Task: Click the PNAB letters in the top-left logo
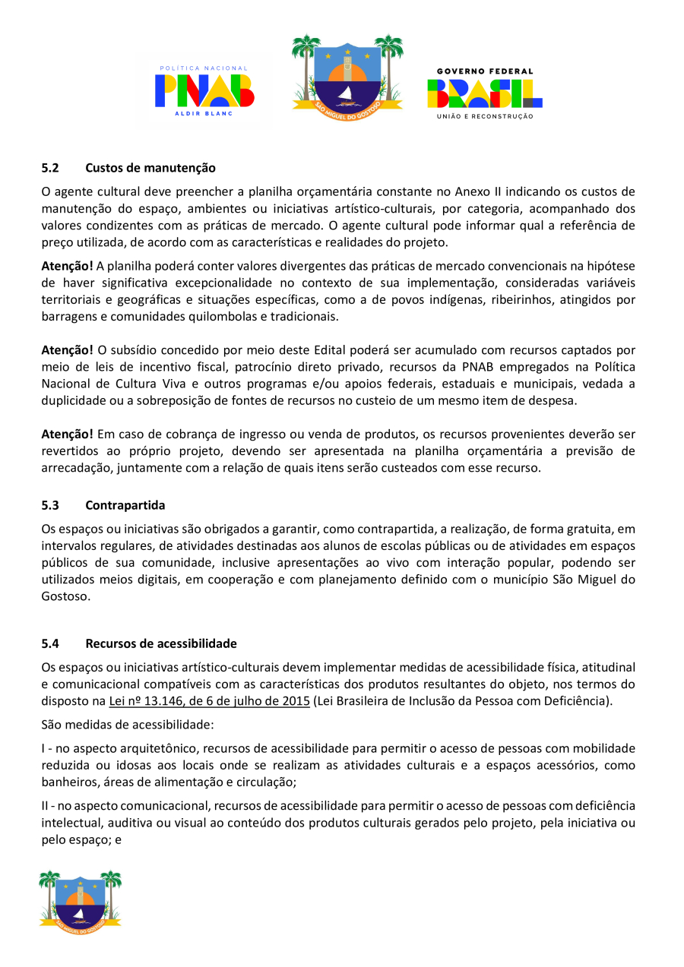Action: coord(204,90)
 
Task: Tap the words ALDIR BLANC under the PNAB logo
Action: coord(204,113)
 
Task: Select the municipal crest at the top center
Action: coord(347,74)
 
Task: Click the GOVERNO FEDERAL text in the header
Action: coord(485,71)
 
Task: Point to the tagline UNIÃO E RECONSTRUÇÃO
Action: coord(485,116)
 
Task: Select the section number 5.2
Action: coord(50,167)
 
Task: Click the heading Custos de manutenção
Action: coord(150,167)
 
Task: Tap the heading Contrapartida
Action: coord(125,504)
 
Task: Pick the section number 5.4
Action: coord(50,643)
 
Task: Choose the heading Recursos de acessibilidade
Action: coord(161,643)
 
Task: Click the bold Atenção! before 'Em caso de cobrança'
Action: coord(68,434)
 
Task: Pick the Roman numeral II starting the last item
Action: coord(46,806)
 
